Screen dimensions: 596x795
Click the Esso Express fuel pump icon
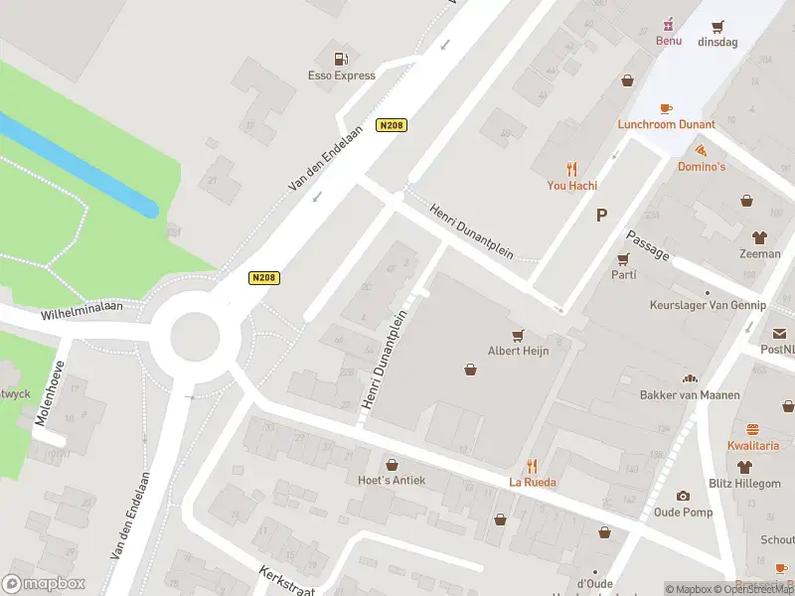click(341, 59)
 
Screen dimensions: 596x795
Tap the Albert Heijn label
click(518, 351)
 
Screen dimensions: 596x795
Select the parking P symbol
click(600, 215)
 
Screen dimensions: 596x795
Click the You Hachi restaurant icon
click(570, 168)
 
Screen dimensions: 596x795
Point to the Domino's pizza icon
click(702, 150)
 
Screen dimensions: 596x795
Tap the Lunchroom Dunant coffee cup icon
click(666, 108)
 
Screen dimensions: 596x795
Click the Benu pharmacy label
click(668, 41)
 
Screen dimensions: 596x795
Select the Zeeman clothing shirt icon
click(760, 237)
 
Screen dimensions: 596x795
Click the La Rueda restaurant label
click(533, 482)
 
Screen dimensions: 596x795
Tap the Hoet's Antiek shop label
click(392, 480)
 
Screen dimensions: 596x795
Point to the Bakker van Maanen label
click(690, 395)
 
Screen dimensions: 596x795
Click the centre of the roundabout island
click(195, 337)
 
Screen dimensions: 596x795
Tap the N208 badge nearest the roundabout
click(262, 277)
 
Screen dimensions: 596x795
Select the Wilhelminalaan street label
click(81, 312)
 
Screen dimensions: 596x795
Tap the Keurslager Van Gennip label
click(707, 305)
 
